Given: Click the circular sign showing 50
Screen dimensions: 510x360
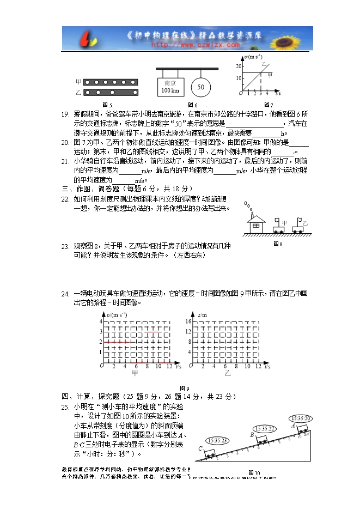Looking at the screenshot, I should click(200, 87).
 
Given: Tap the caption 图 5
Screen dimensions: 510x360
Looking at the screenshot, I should click(107, 105).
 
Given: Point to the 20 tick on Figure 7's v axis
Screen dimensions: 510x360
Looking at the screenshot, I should click(238, 66).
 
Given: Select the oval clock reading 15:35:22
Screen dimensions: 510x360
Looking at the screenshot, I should click(264, 429).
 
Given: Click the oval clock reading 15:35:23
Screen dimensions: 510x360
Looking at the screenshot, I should click(217, 440).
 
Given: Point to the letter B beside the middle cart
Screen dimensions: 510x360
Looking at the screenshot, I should click(252, 435).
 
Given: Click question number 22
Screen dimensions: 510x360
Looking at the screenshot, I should click(65, 199).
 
